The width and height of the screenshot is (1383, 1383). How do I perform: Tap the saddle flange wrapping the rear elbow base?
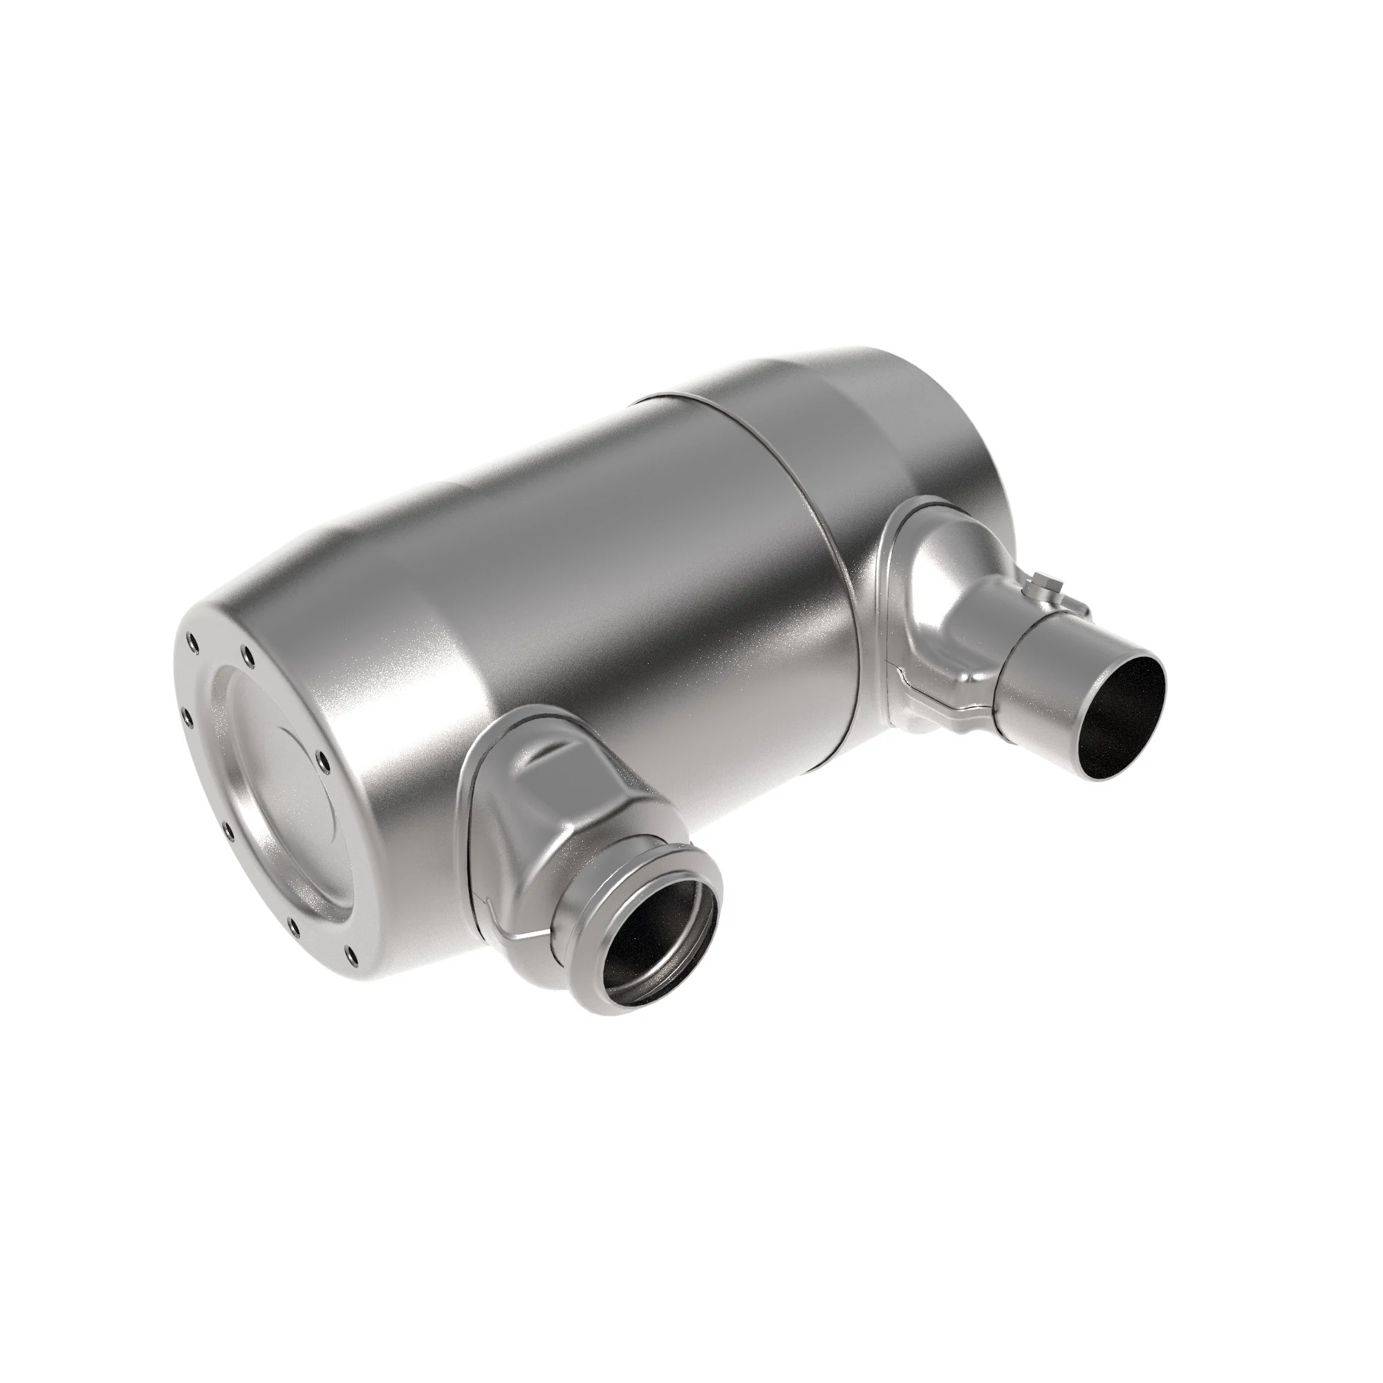(891, 573)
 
